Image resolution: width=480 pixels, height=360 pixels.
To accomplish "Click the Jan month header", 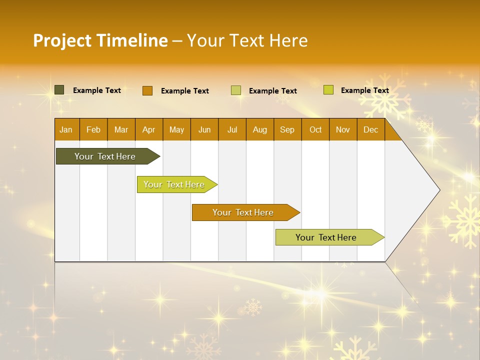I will (66, 130).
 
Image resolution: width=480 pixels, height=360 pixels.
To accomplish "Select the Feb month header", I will (93, 130).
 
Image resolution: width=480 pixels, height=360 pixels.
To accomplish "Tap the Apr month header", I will (148, 130).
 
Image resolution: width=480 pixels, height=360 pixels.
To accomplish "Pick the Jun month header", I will (204, 130).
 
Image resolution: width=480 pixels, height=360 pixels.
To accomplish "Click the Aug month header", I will (259, 130).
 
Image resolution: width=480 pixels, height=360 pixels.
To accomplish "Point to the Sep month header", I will (287, 130).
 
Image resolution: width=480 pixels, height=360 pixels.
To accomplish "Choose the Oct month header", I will (315, 130).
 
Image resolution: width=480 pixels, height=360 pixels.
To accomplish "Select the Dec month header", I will (370, 130).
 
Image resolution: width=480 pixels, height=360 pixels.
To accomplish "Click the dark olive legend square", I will (59, 90).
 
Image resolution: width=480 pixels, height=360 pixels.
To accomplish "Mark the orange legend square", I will (147, 90).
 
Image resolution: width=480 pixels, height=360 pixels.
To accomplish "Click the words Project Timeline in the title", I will (100, 40).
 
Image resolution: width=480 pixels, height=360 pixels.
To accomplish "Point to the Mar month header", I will (121, 130).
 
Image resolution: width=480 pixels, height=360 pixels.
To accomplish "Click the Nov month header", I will (343, 130).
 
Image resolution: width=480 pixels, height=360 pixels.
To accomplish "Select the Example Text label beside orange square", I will (184, 91).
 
